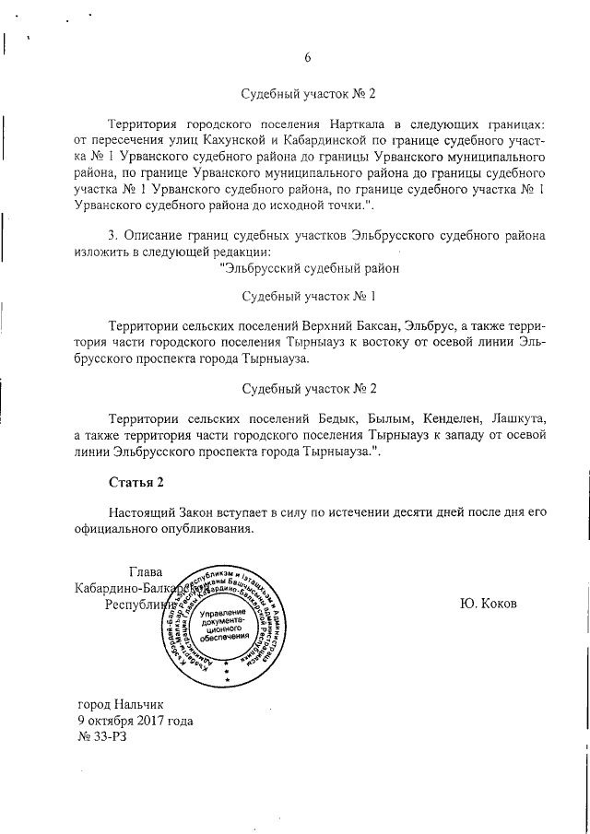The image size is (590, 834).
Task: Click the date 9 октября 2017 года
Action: (x=136, y=720)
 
